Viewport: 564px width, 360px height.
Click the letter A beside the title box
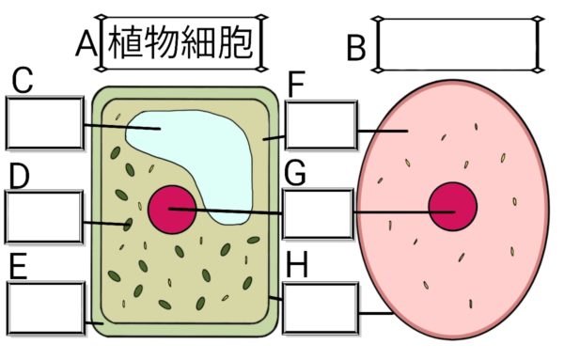(86, 43)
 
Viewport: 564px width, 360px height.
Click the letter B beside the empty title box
(356, 48)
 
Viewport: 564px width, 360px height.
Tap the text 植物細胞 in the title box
(181, 43)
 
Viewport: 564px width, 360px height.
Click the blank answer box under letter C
(44, 123)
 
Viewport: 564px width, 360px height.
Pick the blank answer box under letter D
(44, 217)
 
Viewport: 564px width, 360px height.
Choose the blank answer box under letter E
(44, 306)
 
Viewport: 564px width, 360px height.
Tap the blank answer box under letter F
(320, 125)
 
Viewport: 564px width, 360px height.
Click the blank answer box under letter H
(320, 307)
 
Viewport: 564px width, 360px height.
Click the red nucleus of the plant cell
(172, 208)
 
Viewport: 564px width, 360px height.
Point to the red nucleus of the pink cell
(452, 207)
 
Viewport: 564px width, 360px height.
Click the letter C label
(22, 83)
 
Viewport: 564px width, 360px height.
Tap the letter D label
(19, 176)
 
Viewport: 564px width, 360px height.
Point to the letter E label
(17, 267)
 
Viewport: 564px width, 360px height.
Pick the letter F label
(297, 86)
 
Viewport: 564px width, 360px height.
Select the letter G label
(296, 174)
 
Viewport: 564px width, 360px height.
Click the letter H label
(297, 266)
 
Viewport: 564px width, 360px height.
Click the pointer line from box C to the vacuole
(117, 127)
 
